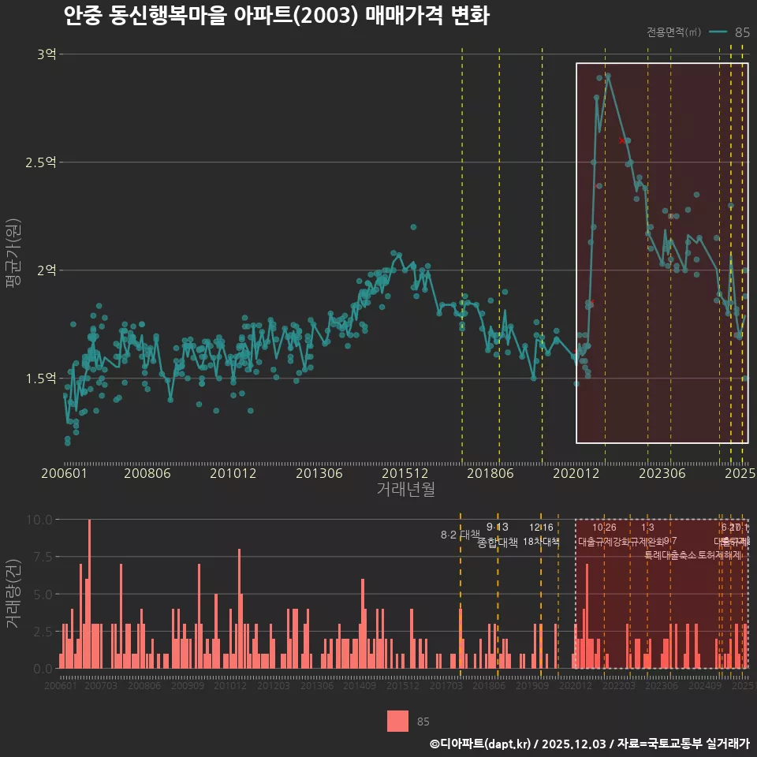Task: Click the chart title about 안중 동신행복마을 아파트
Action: (x=276, y=17)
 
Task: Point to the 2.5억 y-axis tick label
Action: (x=41, y=162)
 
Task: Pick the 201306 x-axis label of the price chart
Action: (x=319, y=473)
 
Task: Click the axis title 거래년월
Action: (x=405, y=489)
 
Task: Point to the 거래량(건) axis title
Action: (x=13, y=594)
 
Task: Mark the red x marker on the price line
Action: (x=622, y=140)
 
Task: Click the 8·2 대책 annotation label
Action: (x=460, y=535)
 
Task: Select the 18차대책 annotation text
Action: (x=541, y=542)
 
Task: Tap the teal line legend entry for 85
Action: (x=729, y=32)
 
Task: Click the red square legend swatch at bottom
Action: (x=398, y=721)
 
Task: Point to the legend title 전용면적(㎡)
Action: (x=673, y=32)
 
